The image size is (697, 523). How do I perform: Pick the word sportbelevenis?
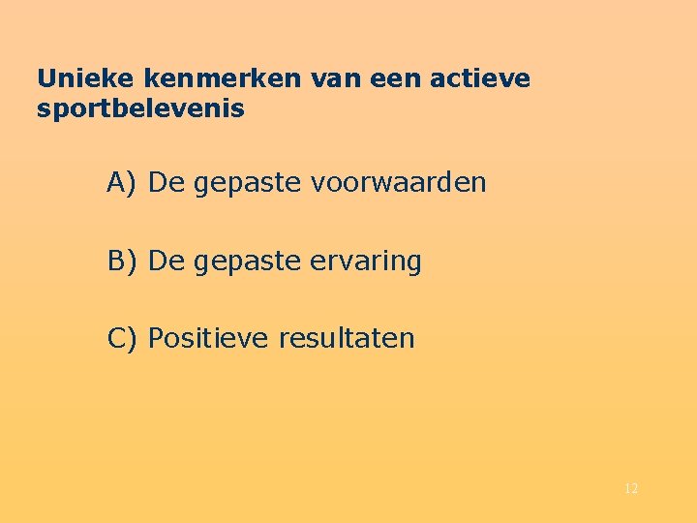pos(140,109)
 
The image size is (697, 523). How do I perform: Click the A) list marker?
pos(123,183)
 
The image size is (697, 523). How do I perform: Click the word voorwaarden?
pos(399,183)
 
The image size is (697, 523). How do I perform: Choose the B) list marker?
pos(123,261)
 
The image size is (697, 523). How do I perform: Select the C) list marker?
pos(123,339)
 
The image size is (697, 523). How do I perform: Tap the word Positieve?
pos(209,339)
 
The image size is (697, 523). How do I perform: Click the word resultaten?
pos(347,339)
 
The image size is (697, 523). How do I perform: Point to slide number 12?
pos(631,489)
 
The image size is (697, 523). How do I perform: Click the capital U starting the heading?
pos(45,78)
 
